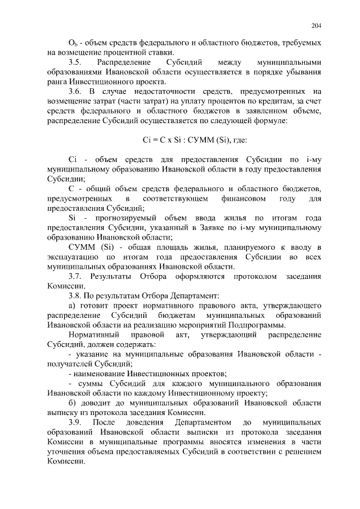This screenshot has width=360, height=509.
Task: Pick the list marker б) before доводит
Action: (x=72, y=403)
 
